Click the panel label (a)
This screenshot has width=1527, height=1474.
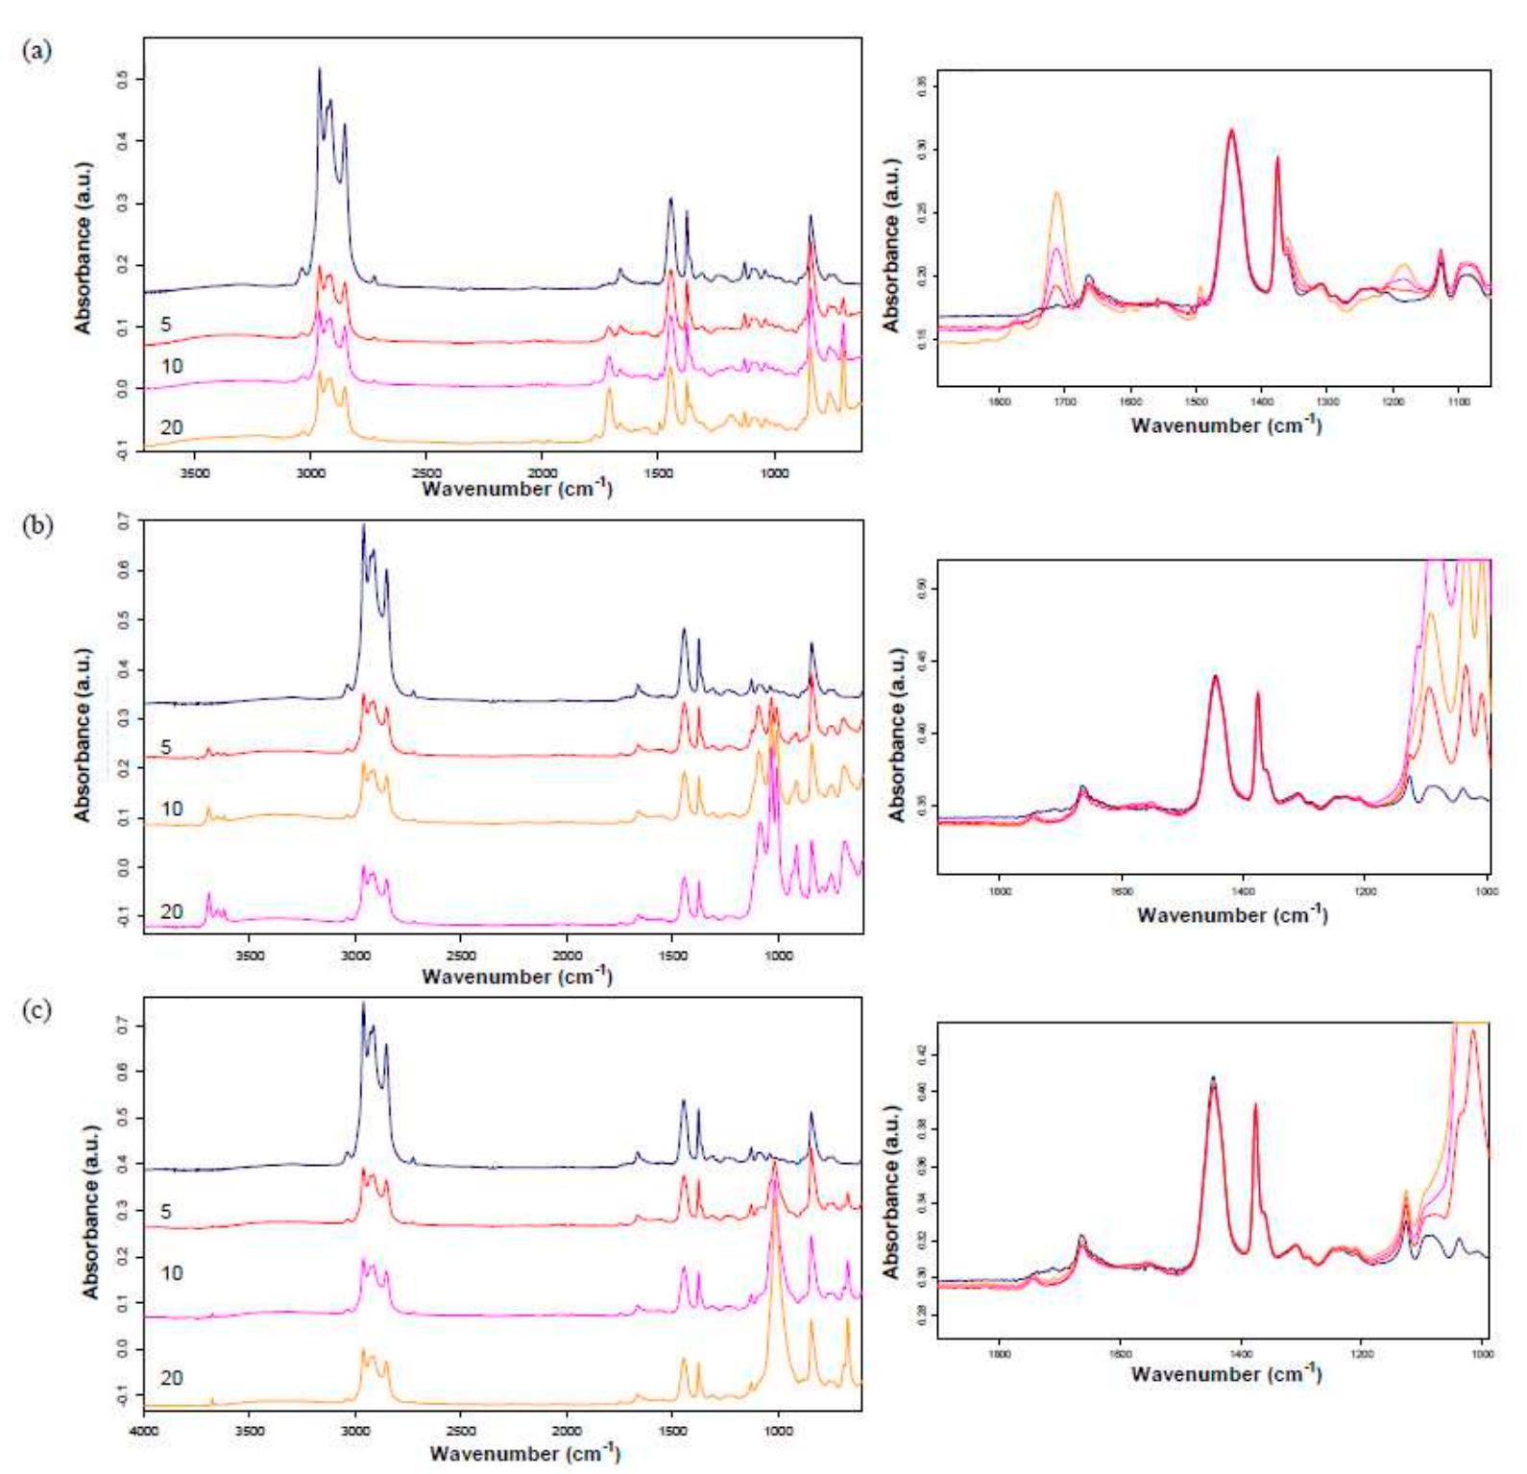(36, 51)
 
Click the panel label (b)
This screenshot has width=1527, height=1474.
(36, 525)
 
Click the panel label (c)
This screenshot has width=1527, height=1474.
(36, 1009)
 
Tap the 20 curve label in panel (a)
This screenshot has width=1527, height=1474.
(171, 427)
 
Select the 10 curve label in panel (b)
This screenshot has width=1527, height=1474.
(171, 809)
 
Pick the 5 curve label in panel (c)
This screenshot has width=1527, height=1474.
(166, 1212)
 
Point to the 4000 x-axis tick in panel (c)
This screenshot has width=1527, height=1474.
(144, 1430)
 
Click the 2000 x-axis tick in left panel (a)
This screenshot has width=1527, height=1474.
(542, 472)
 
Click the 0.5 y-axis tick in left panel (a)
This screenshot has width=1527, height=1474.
(122, 79)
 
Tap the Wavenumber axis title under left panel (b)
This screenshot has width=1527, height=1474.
(517, 976)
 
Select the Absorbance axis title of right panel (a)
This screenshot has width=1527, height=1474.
(893, 245)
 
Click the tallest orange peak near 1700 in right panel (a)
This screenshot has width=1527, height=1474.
(1057, 194)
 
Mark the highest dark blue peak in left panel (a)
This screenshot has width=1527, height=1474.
(320, 69)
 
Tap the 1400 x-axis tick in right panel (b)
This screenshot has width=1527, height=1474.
(1243, 891)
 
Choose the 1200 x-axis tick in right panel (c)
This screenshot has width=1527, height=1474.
(1361, 1355)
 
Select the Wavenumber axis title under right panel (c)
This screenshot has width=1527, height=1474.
(1226, 1373)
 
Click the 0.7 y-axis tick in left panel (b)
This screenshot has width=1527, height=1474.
(122, 521)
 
